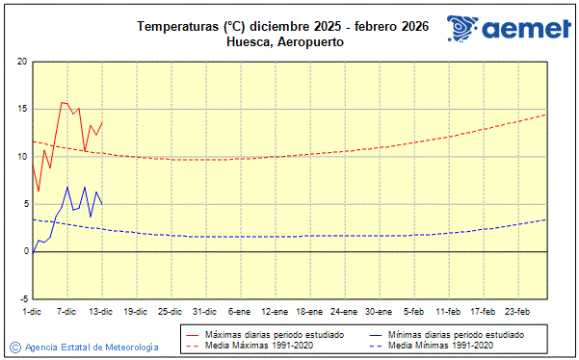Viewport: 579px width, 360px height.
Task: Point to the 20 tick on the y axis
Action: pyautogui.click(x=20, y=63)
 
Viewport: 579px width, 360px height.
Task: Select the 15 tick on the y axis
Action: pyautogui.click(x=20, y=110)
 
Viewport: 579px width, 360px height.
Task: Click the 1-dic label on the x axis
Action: pyautogui.click(x=33, y=312)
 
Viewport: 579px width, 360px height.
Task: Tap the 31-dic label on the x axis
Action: pyautogui.click(x=204, y=312)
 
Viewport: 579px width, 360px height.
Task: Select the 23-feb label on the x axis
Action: pyautogui.click(x=517, y=312)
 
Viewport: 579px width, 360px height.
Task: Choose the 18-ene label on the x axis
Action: pyautogui.click(x=309, y=312)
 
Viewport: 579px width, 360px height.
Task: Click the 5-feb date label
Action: pyautogui.click(x=414, y=312)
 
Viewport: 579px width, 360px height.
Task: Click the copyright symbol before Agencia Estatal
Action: pyautogui.click(x=14, y=347)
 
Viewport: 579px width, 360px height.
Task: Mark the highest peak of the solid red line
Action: pyautogui.click(x=63, y=102)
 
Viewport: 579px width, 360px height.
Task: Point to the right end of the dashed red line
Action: pyautogui.click(x=546, y=115)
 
